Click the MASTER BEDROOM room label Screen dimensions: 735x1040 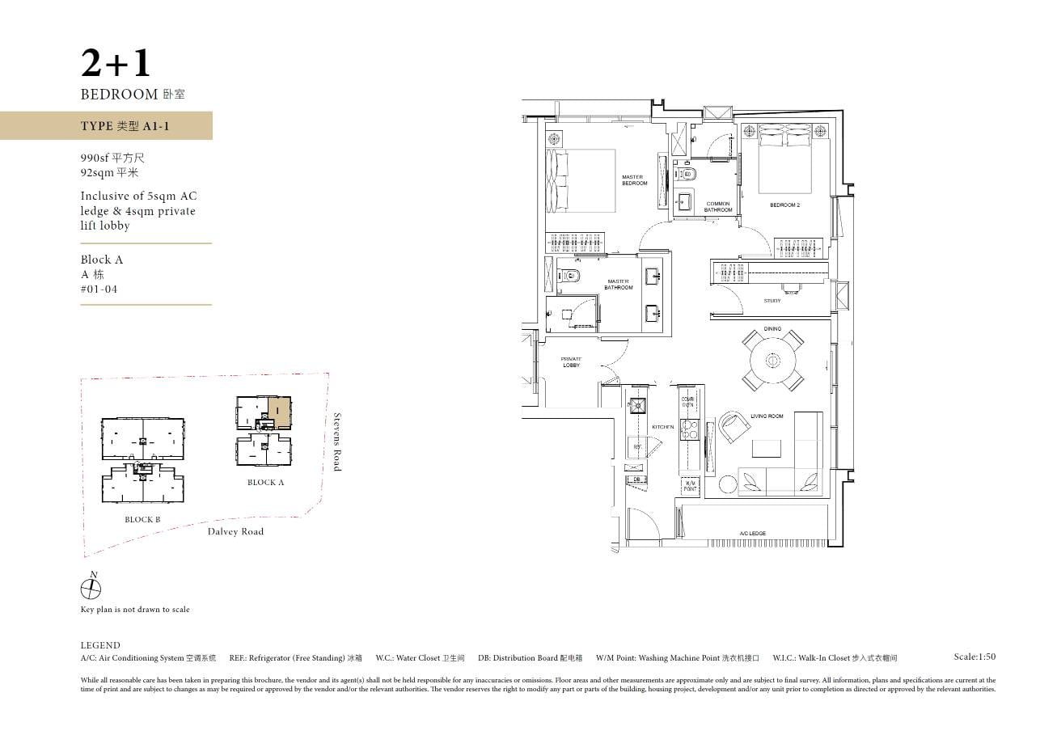(634, 180)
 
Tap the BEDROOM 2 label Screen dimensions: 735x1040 (784, 205)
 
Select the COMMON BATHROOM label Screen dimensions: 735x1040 (717, 207)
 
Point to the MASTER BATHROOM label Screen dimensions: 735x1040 (618, 285)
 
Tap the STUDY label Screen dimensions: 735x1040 (772, 301)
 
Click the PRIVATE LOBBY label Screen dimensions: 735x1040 (572, 361)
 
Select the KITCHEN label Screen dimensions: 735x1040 (663, 427)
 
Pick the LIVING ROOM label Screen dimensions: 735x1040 (767, 416)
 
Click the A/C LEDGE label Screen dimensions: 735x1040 (752, 534)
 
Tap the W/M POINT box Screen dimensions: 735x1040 (690, 486)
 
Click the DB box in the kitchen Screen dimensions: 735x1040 (636, 479)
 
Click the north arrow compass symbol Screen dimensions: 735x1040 (91, 588)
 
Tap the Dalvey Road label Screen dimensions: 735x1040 (235, 531)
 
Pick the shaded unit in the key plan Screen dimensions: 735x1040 (279, 411)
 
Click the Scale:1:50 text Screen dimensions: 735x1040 (974, 657)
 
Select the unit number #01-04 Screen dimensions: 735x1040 (99, 289)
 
